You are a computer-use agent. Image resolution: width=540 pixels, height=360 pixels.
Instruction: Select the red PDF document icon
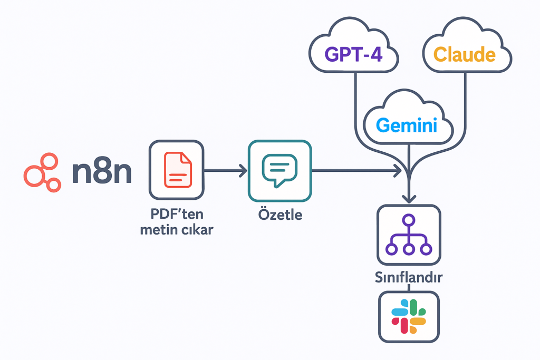176,170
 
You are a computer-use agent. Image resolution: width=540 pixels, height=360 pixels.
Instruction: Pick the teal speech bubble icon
279,170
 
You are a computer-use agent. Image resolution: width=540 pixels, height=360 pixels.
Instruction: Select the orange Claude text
464,54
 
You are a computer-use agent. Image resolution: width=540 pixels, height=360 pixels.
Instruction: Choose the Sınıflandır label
409,278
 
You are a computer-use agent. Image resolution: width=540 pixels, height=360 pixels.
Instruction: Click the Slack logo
409,316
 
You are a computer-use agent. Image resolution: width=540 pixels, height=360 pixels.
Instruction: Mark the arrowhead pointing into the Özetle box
243,170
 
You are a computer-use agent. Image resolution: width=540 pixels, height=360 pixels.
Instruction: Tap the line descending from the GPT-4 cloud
356,105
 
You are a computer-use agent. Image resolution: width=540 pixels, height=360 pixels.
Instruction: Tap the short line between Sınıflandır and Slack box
409,287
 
